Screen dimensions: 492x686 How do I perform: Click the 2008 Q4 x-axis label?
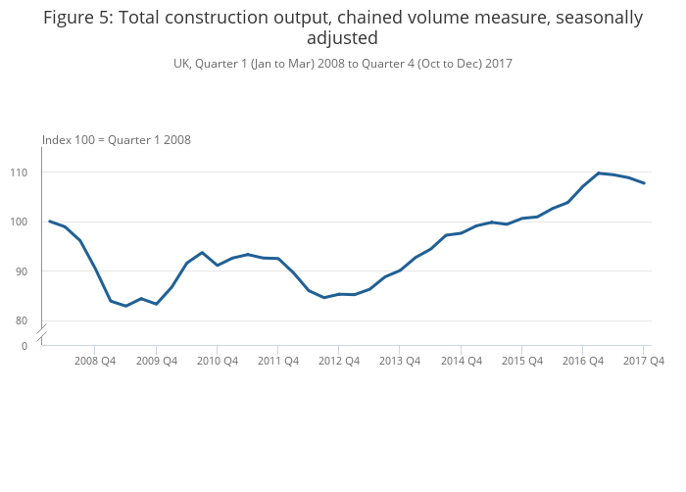coord(95,361)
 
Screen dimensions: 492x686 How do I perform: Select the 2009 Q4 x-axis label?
coord(157,361)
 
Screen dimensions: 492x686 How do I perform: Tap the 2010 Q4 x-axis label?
coord(218,361)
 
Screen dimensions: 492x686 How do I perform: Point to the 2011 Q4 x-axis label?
coord(278,361)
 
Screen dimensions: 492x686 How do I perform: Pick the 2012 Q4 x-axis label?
coord(339,361)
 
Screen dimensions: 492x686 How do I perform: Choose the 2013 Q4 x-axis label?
coord(400,361)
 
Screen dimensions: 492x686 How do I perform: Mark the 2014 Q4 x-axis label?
coord(461,361)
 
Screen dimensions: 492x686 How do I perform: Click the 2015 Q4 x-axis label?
coord(522,361)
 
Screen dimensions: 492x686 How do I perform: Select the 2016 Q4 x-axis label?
coord(583,361)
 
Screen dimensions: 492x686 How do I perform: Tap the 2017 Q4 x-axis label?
coord(644,361)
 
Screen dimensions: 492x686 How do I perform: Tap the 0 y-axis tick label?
coord(24,346)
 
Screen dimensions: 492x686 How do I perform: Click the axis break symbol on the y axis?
coord(41,335)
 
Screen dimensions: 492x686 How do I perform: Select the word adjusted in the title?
coord(342,38)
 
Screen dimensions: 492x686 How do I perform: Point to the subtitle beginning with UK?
coord(343,64)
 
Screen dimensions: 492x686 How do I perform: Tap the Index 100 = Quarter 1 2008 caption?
coord(117,140)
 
